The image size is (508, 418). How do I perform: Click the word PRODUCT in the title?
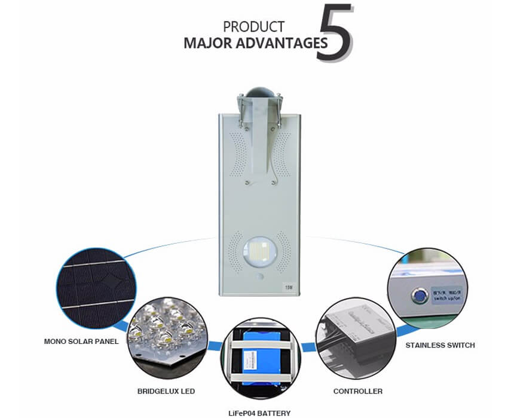pyautogui.click(x=253, y=27)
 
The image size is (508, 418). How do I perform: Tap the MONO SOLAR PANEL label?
pyautogui.click(x=81, y=342)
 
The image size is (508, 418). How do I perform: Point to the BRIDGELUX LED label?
pyautogui.click(x=166, y=392)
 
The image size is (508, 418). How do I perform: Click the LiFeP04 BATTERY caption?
pyautogui.click(x=259, y=413)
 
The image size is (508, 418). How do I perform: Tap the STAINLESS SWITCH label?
pyautogui.click(x=440, y=345)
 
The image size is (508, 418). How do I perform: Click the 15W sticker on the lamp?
pyautogui.click(x=288, y=287)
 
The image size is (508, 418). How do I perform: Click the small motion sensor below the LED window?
pyautogui.click(x=258, y=279)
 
